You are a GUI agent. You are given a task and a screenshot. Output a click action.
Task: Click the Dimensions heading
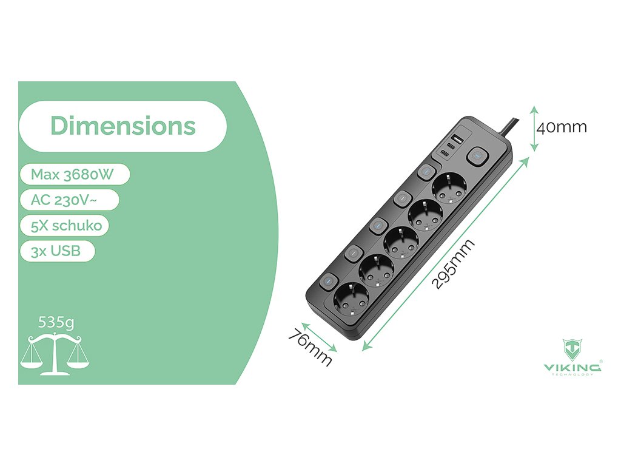point(123,126)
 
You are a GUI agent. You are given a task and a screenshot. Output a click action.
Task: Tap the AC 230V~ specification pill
point(69,200)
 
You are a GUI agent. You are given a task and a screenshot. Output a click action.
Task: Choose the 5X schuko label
point(65,226)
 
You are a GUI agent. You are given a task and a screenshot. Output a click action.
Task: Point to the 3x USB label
point(56,251)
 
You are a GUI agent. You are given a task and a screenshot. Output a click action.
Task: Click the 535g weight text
point(56,322)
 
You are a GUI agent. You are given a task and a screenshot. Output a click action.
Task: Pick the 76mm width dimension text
point(310,346)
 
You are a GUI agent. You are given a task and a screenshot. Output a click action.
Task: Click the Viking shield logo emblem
point(572,350)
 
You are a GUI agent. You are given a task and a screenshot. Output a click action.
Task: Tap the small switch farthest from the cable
point(327,281)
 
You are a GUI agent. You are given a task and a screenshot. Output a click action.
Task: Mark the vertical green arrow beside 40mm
point(533,127)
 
